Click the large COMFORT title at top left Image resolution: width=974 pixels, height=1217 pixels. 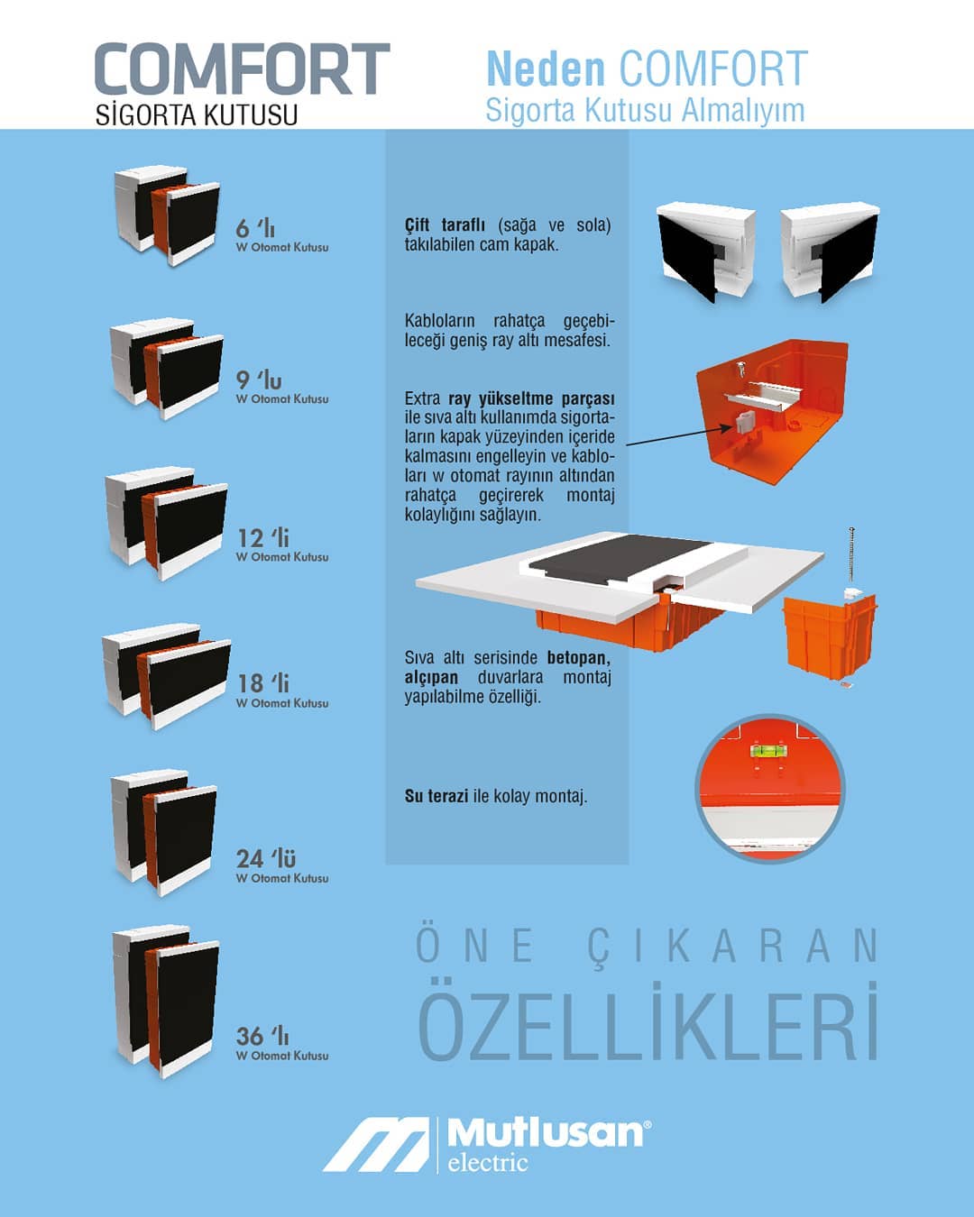(243, 69)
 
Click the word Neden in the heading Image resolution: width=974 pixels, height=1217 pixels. (546, 69)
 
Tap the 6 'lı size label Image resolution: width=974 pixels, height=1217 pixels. (255, 228)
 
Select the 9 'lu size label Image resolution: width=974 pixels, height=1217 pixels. (259, 380)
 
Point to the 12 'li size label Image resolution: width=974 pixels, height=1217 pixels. (263, 538)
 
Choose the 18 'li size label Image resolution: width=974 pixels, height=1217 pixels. (263, 683)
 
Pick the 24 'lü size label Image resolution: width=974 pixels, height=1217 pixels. (266, 858)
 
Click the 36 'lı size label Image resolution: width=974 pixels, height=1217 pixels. (262, 1036)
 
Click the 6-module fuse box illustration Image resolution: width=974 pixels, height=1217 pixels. (167, 215)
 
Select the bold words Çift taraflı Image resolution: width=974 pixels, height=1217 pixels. (445, 225)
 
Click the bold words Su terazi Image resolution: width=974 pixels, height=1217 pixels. (436, 796)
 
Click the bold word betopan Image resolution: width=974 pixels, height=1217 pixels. (579, 658)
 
